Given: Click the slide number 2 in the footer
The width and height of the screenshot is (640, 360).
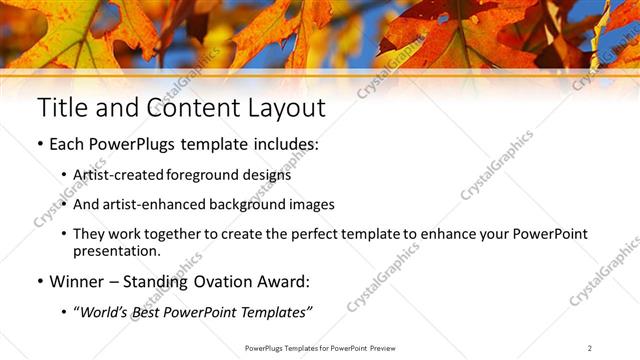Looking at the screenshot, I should tap(590, 347).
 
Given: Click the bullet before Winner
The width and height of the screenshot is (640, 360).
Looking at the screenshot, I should tap(39, 282).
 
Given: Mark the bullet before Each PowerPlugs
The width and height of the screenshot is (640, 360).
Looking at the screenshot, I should tap(39, 145).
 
